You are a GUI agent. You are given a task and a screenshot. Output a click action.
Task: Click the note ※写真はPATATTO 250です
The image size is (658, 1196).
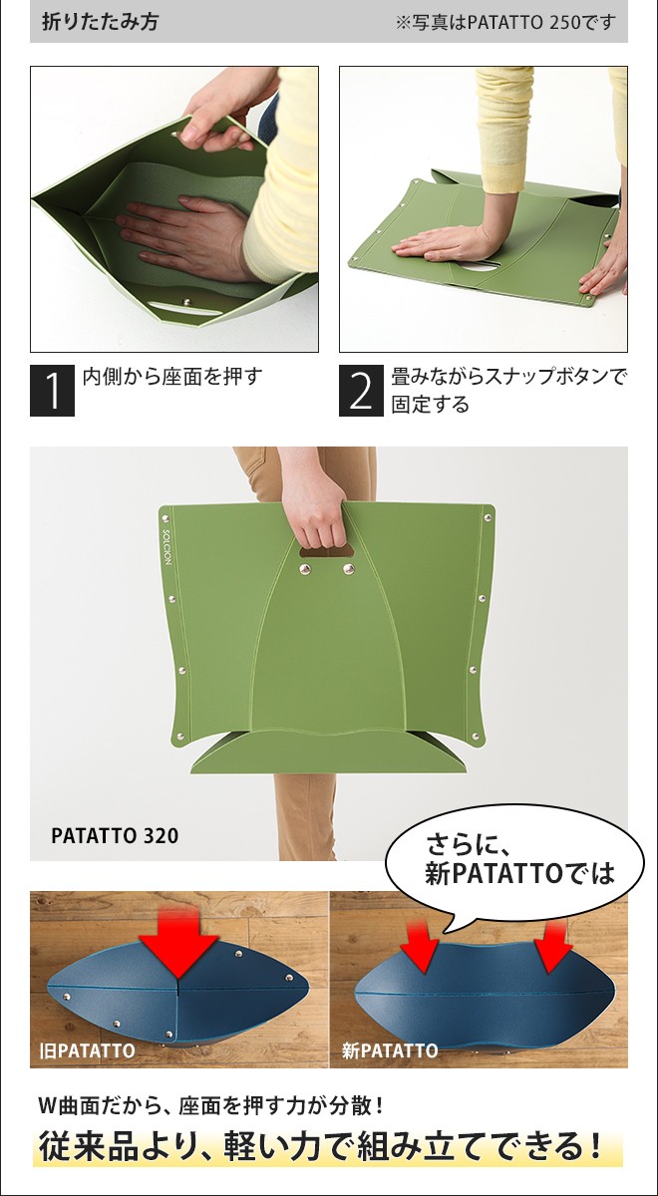click(505, 22)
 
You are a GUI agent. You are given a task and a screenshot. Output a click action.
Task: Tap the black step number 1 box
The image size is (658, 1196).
click(52, 392)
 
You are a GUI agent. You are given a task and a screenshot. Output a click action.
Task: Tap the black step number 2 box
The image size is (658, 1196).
click(361, 392)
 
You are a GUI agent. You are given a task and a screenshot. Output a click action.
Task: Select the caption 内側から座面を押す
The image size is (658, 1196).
click(171, 378)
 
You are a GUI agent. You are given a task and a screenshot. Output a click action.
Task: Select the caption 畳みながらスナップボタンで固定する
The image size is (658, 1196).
click(508, 391)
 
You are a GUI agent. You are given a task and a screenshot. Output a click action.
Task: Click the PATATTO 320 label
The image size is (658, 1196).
click(115, 835)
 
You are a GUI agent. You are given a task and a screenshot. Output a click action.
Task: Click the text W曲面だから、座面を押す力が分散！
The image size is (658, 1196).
click(210, 1105)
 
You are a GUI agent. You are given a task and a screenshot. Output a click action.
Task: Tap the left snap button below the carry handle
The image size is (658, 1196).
click(303, 570)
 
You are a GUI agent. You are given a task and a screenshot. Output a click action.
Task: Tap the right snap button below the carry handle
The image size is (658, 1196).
click(348, 569)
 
